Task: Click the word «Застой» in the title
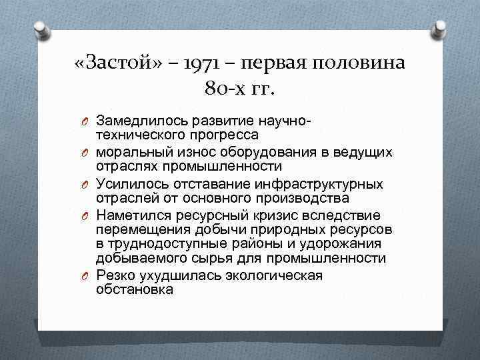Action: (x=113, y=65)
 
